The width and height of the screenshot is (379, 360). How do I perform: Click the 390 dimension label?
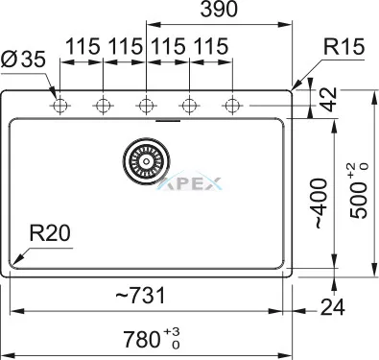click(220, 9)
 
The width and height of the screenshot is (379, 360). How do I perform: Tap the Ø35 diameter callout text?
click(23, 59)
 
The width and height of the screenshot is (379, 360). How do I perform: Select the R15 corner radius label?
click(343, 47)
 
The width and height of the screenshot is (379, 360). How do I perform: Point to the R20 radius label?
click(50, 233)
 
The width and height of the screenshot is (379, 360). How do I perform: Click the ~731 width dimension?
click(140, 295)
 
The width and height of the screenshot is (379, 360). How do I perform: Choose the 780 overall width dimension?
click(152, 339)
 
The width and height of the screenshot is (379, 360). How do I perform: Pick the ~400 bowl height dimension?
click(321, 204)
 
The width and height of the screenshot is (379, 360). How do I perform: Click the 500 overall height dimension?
click(360, 191)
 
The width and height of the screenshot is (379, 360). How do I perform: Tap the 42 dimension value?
click(329, 100)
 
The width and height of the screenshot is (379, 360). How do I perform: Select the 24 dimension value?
click(333, 307)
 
